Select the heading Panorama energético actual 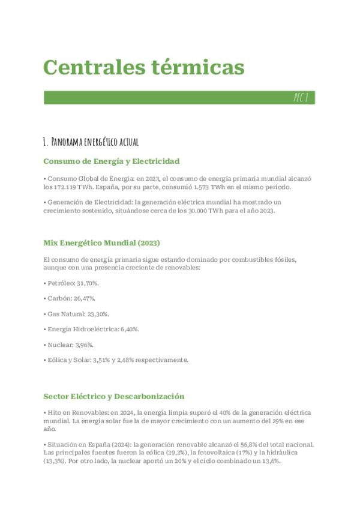click(91, 142)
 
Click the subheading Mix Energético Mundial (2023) click(101, 242)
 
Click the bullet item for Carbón click(69, 298)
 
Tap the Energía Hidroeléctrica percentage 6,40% click(127, 329)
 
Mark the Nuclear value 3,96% click(83, 345)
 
